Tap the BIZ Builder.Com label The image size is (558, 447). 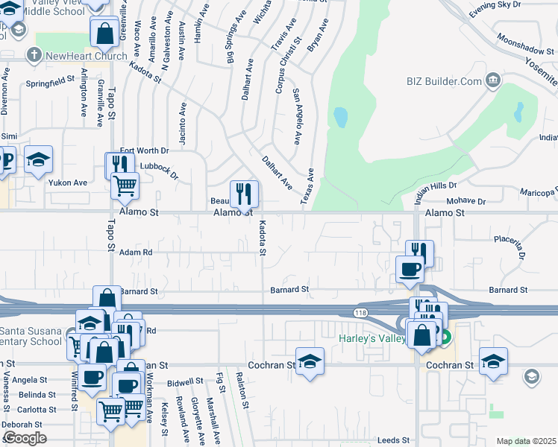pos(444,81)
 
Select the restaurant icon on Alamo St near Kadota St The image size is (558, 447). pos(244,195)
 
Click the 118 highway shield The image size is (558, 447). pos(362,312)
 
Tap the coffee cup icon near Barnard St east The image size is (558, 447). pos(410,269)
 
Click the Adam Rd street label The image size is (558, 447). pos(137,253)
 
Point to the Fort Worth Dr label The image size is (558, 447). pos(145,150)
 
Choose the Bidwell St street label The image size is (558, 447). pos(186,381)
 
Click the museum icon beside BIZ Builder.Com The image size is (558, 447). pos(493,80)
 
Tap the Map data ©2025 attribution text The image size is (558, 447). pos(526,441)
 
